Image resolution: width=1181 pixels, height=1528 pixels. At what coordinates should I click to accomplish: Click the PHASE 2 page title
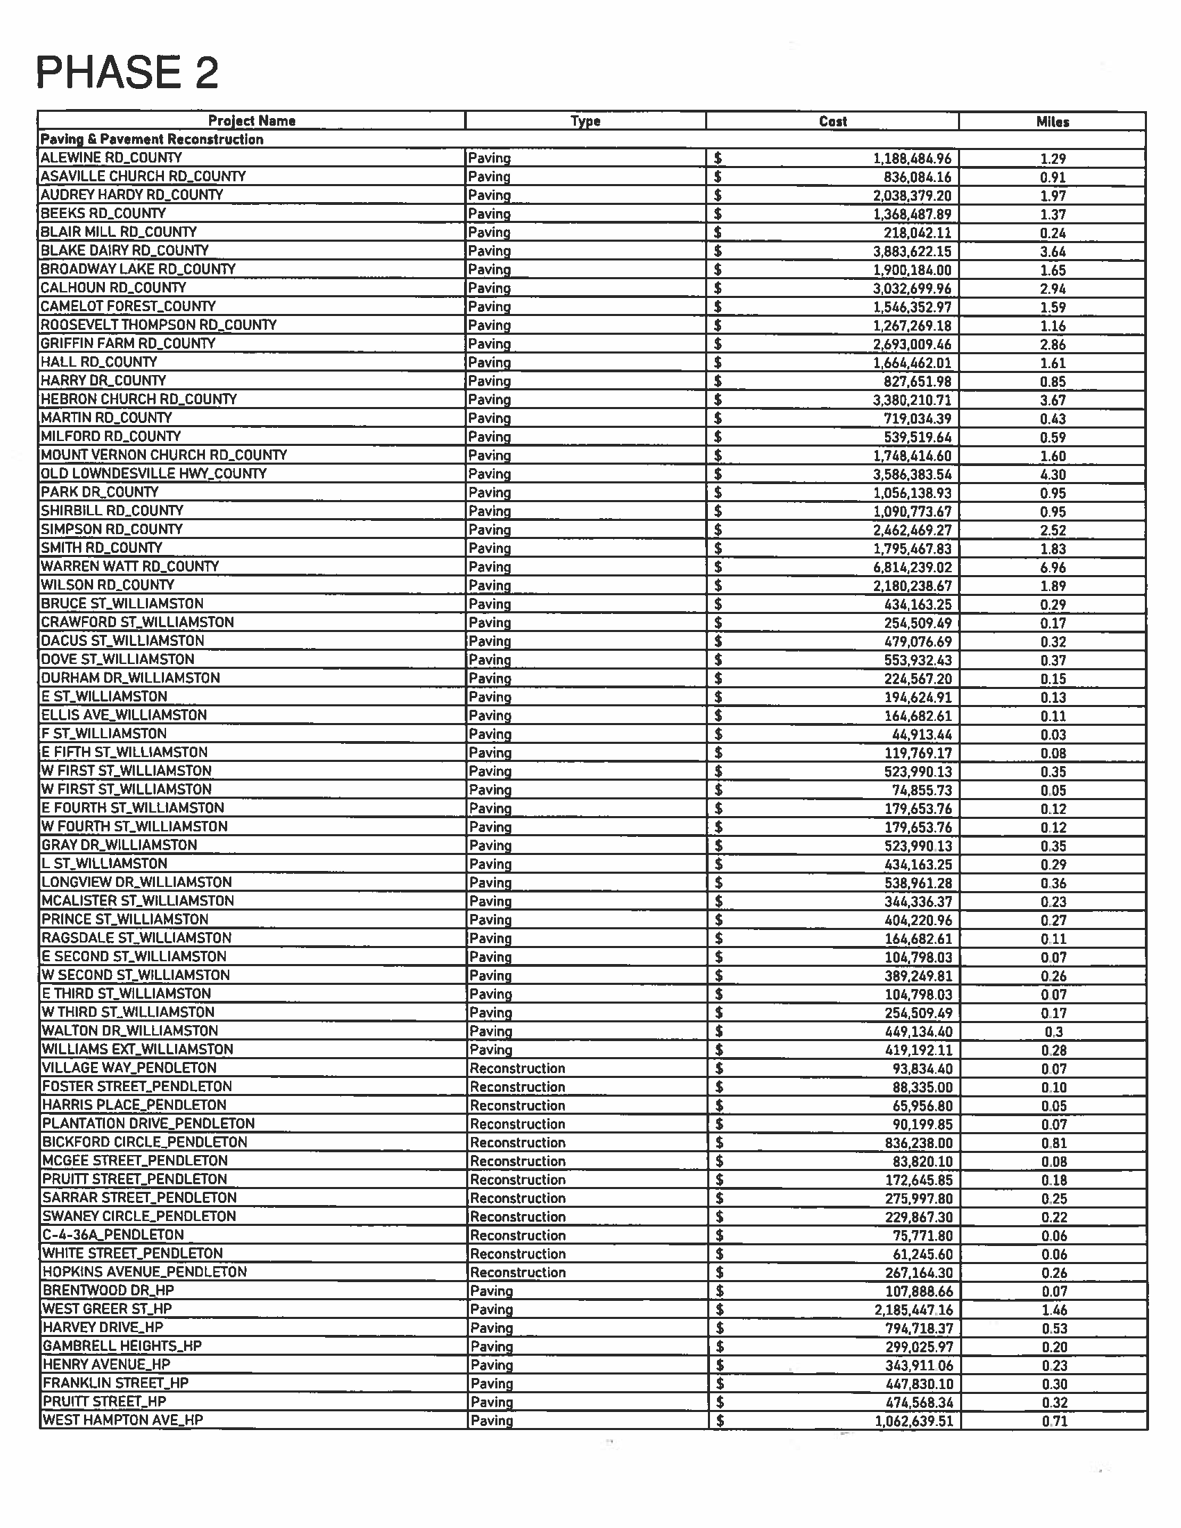coord(126,73)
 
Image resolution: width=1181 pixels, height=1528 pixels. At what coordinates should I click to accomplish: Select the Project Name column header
coord(251,120)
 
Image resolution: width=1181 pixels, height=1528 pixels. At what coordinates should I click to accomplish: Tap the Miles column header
coord(1052,121)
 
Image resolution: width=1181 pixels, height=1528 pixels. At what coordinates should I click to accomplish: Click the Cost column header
coord(832,121)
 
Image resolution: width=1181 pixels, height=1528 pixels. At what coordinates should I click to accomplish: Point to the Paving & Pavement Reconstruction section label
coord(152,139)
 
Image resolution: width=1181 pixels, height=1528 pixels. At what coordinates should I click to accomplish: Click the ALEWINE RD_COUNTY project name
coord(111,158)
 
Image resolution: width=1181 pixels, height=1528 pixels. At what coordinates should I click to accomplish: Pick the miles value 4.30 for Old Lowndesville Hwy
coord(1052,474)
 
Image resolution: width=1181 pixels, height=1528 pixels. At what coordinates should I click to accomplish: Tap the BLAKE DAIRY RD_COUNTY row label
coord(124,251)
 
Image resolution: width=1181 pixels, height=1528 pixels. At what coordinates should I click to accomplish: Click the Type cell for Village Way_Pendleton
coord(517,1068)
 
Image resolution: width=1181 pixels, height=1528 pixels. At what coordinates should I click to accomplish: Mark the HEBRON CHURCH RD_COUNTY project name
coord(138,399)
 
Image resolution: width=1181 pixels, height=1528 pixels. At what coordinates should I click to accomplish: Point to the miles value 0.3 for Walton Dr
coord(1053,1032)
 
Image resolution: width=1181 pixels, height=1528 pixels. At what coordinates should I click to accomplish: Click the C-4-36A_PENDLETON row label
coord(113,1235)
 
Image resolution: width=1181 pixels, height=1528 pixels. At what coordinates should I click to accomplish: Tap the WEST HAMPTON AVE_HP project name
coord(122,1420)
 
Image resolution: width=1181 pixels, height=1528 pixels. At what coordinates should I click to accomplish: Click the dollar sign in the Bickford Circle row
coord(719,1143)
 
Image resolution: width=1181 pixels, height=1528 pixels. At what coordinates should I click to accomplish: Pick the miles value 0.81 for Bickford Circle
coord(1053,1143)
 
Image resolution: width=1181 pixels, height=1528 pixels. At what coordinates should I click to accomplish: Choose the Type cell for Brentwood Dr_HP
coord(491,1291)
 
